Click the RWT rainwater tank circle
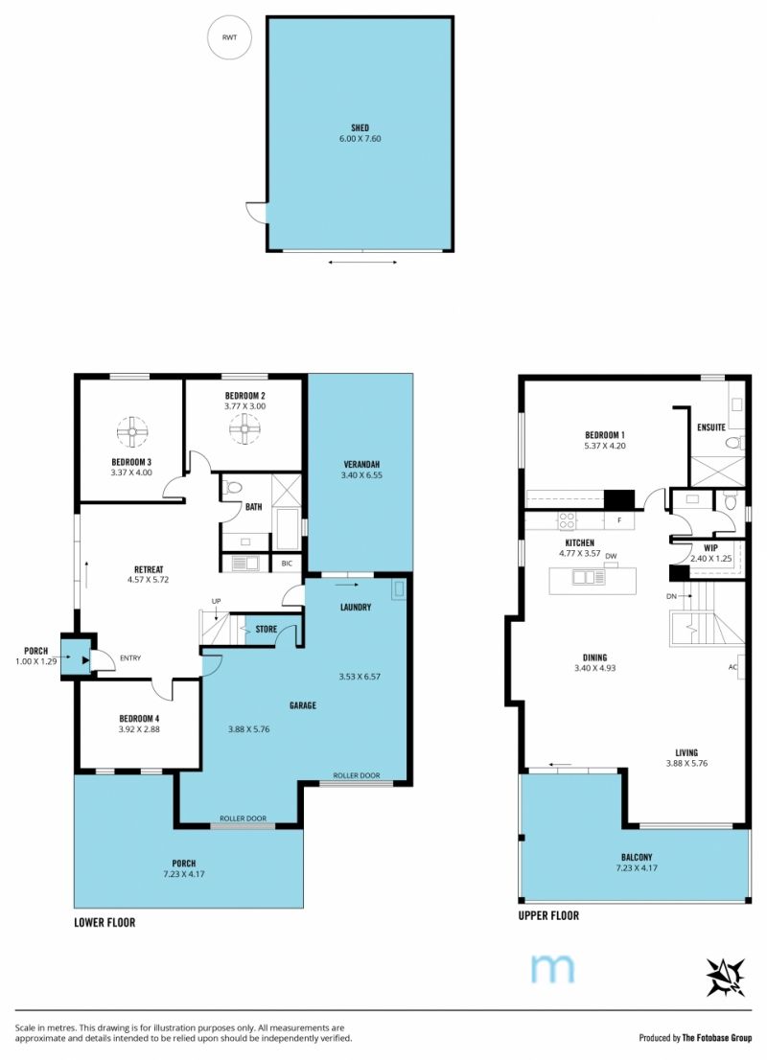[x=229, y=37]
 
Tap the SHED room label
[x=360, y=127]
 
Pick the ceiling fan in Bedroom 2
[x=244, y=427]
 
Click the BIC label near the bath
[x=287, y=564]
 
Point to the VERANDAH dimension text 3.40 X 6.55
[x=361, y=475]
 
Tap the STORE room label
[x=267, y=629]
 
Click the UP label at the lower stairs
[x=216, y=601]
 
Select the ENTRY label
[x=129, y=657]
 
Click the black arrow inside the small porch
[x=85, y=660]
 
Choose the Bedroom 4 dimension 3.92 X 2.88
[x=139, y=729]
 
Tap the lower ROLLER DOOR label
[x=243, y=818]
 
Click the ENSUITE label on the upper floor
[x=710, y=427]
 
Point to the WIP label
[x=710, y=548]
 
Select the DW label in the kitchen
[x=611, y=557]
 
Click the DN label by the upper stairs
[x=671, y=596]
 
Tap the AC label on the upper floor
[x=732, y=667]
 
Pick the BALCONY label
[x=637, y=857]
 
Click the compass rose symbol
[x=725, y=977]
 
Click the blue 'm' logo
[x=552, y=968]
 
